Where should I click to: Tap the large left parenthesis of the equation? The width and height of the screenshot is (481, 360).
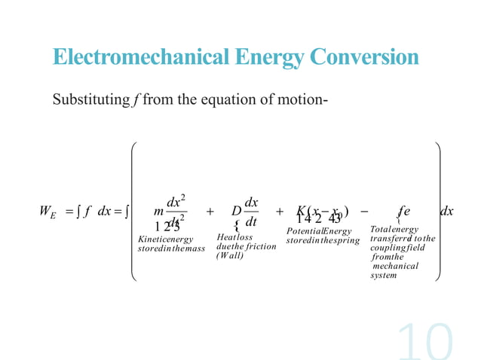tap(136, 212)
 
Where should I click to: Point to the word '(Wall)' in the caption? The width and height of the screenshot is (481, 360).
tap(229, 255)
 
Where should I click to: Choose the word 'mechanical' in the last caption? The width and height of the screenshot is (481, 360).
tap(395, 266)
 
